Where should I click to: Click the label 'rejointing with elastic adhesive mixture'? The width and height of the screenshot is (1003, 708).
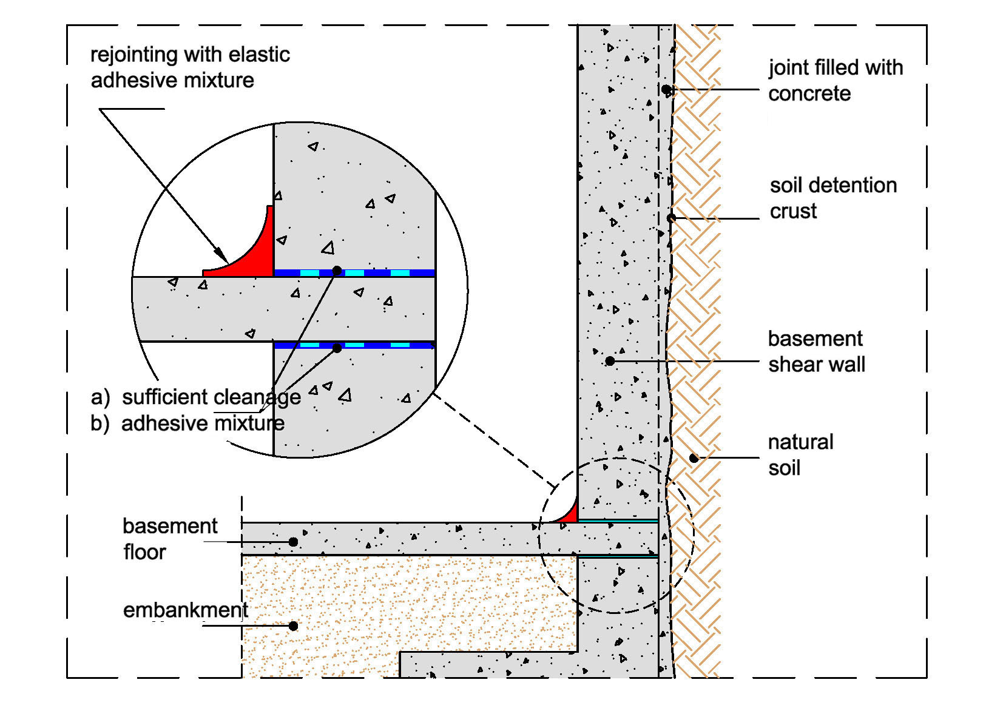[190, 67]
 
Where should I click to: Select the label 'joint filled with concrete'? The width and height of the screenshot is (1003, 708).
[835, 80]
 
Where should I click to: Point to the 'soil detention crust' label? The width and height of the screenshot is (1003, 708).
[832, 198]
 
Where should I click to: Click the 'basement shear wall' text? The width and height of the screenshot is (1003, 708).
[816, 351]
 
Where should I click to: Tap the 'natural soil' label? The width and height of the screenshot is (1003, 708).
[800, 454]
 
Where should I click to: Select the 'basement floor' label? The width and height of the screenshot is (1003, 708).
[169, 539]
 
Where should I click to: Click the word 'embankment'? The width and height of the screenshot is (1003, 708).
[186, 610]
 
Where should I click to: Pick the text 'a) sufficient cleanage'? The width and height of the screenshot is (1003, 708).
[196, 397]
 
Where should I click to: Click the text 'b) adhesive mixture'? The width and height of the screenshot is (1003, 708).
[187, 423]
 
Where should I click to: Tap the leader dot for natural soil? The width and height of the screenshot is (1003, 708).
[694, 458]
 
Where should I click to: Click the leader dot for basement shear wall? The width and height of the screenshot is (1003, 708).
[610, 361]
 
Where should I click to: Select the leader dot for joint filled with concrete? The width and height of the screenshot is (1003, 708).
[666, 90]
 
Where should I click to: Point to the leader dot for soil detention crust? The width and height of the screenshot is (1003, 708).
[671, 218]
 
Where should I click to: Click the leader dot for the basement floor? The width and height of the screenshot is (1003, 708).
[293, 541]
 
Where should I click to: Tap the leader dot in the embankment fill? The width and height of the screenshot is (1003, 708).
[293, 625]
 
